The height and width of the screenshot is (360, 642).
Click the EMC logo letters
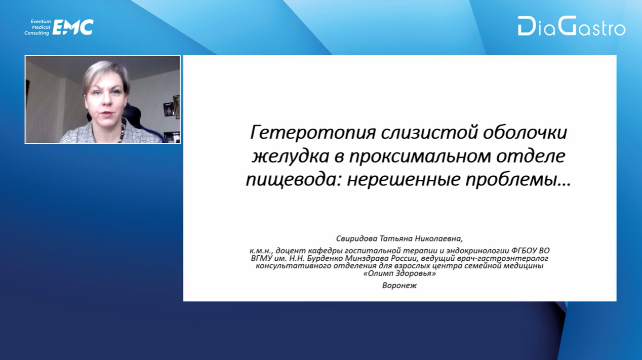pyautogui.click(x=73, y=27)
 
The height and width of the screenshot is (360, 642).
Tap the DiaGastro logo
pyautogui.click(x=572, y=26)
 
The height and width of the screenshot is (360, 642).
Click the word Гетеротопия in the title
pyautogui.click(x=312, y=133)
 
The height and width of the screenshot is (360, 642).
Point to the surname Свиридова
pyautogui.click(x=356, y=238)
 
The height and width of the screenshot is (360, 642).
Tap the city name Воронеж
pyautogui.click(x=399, y=286)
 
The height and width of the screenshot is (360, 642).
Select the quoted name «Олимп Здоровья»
pyautogui.click(x=399, y=273)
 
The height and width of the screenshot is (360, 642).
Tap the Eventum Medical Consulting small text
pyautogui.click(x=37, y=27)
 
